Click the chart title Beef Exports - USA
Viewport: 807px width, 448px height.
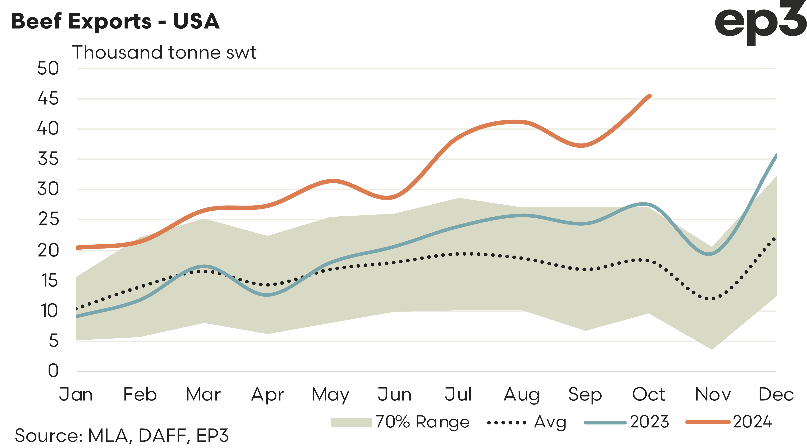pyautogui.click(x=115, y=21)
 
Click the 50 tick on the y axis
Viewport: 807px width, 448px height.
pyautogui.click(x=48, y=68)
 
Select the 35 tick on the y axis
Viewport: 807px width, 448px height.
pyautogui.click(x=48, y=159)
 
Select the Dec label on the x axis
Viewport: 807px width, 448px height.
pyautogui.click(x=776, y=394)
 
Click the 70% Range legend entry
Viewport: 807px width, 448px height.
pyautogui.click(x=400, y=422)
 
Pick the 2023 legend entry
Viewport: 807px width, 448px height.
pyautogui.click(x=627, y=422)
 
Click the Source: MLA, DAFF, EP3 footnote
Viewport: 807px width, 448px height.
pyautogui.click(x=122, y=435)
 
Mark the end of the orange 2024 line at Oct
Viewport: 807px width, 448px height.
pyautogui.click(x=649, y=96)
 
